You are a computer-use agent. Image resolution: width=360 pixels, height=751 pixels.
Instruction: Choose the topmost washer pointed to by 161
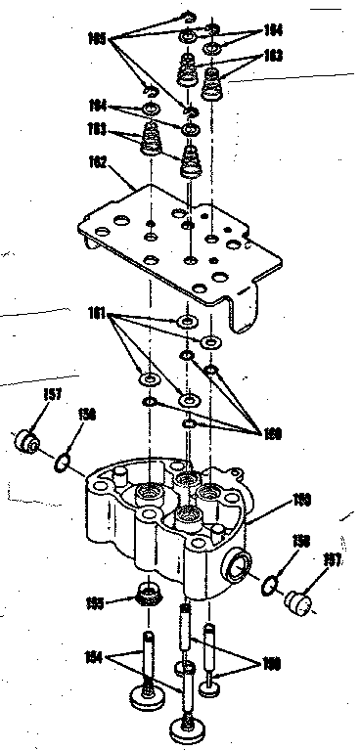185,321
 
